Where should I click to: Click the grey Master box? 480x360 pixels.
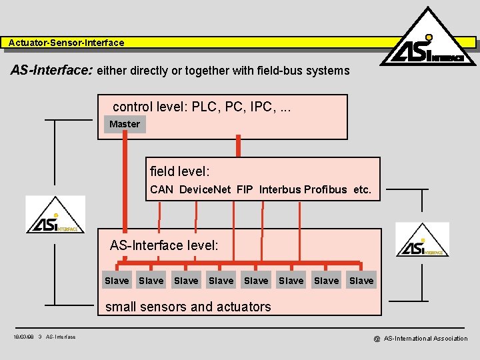click(125, 124)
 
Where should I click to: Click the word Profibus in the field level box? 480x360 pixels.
click(325, 189)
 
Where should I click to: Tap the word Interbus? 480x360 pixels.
click(280, 189)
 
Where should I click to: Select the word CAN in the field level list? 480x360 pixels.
click(162, 189)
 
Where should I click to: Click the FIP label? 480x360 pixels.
click(245, 189)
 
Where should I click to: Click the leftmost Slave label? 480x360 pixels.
click(117, 281)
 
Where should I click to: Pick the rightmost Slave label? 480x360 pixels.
click(361, 281)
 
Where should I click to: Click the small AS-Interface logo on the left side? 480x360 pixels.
click(55, 215)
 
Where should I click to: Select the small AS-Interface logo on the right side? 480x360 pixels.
click(423, 240)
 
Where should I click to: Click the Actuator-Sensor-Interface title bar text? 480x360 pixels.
click(67, 43)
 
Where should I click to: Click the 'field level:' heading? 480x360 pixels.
click(180, 171)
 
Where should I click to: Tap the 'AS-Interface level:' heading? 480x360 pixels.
click(164, 245)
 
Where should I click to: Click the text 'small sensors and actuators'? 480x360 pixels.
click(188, 307)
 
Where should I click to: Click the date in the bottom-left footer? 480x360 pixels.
click(23, 337)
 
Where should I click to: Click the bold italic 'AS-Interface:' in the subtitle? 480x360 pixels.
click(52, 70)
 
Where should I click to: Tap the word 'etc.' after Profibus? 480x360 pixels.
click(362, 189)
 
